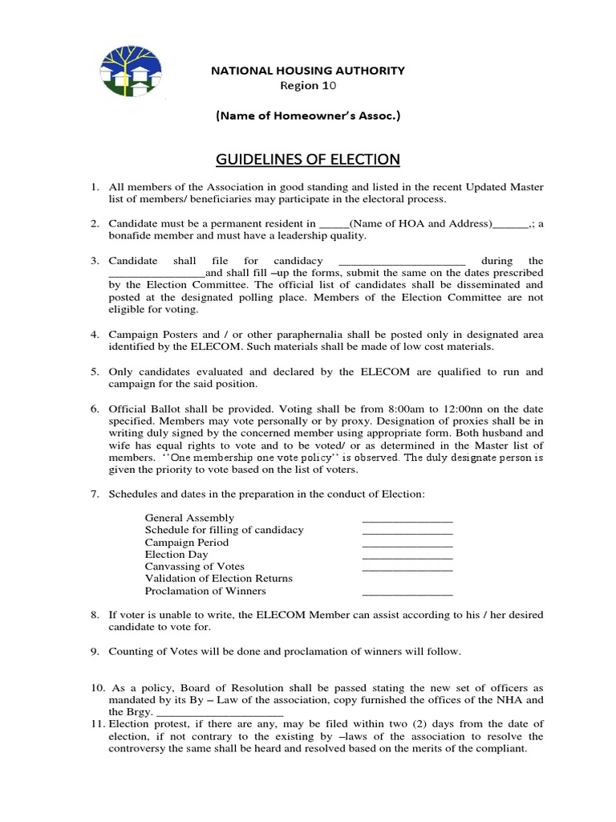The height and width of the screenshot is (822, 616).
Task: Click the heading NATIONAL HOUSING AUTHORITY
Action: point(307,71)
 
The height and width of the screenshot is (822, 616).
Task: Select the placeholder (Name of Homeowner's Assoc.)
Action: point(307,116)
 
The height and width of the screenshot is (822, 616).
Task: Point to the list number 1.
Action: point(93,187)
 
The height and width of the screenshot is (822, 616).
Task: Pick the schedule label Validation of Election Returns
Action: point(218,579)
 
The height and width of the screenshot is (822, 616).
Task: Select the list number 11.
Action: point(95,724)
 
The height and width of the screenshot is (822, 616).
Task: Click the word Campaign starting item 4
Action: point(133,334)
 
